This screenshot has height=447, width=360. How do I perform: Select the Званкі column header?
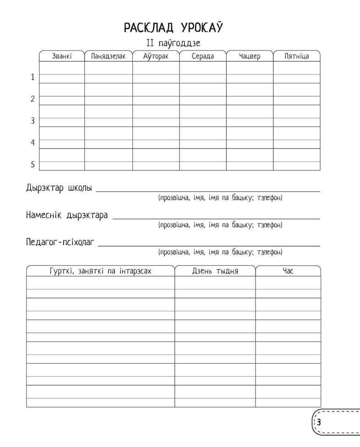[x=62, y=56]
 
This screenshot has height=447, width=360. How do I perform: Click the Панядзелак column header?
[x=109, y=56]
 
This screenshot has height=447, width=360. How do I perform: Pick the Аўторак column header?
[x=156, y=56]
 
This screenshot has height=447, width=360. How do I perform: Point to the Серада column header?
[x=202, y=56]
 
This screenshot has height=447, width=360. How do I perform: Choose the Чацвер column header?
[x=250, y=56]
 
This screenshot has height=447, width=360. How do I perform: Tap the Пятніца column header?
[x=296, y=56]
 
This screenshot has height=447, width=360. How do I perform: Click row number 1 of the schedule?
[x=33, y=77]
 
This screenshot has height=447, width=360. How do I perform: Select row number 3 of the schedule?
[x=33, y=121]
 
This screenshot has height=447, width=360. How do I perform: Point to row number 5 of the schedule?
[x=33, y=164]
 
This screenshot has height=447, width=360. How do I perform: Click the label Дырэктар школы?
[x=59, y=188]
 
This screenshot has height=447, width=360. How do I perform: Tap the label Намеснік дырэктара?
[x=67, y=215]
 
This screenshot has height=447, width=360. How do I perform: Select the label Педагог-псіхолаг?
[x=61, y=242]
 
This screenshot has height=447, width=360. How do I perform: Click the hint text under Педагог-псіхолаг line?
[x=220, y=252]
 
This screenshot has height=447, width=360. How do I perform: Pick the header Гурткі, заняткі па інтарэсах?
[x=100, y=271]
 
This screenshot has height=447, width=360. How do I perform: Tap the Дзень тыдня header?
[x=215, y=271]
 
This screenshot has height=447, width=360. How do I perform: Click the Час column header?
[x=288, y=271]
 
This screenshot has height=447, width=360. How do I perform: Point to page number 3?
[x=319, y=422]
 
